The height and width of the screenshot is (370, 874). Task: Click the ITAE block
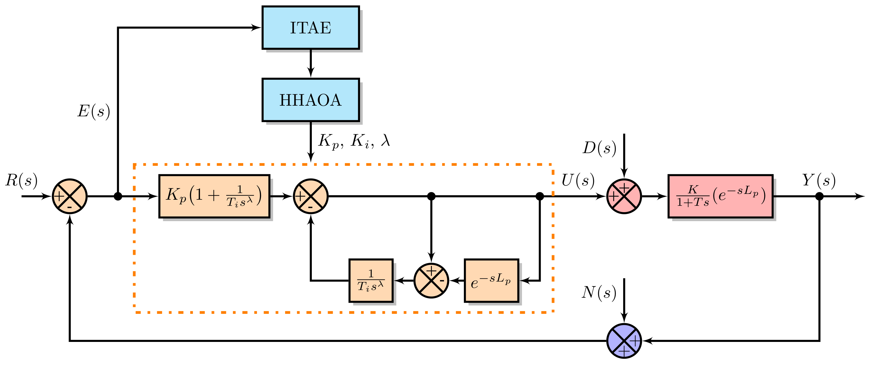point(310,28)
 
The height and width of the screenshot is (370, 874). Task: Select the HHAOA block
point(310,100)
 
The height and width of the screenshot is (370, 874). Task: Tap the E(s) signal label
point(94,111)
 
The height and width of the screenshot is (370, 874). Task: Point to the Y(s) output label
point(818,180)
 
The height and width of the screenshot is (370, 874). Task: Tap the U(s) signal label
point(578,180)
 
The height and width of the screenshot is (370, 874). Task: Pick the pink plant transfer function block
point(720,196)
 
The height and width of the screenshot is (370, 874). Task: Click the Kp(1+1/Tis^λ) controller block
point(214,196)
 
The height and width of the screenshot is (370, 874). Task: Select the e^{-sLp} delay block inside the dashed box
point(491,281)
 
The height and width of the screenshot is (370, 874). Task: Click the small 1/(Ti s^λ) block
point(371,281)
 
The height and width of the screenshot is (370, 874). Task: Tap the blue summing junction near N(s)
point(624,341)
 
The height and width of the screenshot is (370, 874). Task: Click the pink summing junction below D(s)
point(624,196)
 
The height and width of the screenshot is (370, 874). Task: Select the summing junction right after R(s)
point(70,196)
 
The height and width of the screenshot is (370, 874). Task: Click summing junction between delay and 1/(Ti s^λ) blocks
point(431,281)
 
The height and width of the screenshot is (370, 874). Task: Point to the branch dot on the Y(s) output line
point(819,196)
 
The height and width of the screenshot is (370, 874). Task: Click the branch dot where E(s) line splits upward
point(118,196)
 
